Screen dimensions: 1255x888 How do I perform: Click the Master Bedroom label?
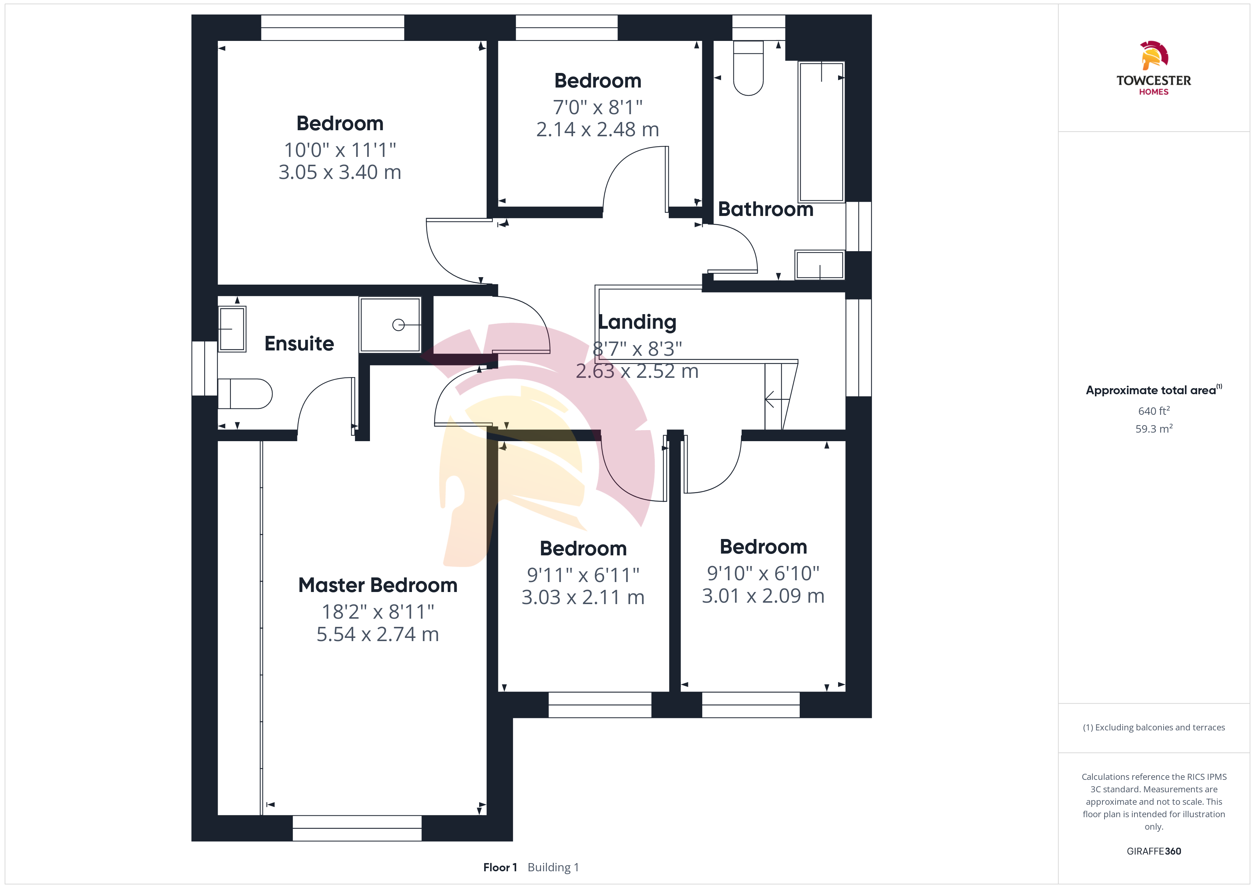click(378, 585)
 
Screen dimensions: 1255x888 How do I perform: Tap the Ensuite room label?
click(299, 343)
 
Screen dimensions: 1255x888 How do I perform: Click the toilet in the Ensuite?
click(245, 394)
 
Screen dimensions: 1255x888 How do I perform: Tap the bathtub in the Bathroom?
click(821, 132)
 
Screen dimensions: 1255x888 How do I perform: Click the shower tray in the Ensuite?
click(390, 325)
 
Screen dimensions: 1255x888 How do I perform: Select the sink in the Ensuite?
click(232, 329)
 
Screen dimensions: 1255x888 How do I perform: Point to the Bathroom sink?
click(820, 265)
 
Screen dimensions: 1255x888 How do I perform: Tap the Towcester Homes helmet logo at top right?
click(1154, 55)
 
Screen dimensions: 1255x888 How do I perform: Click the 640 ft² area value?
click(1154, 411)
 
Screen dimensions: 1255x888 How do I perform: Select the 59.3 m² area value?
click(1154, 429)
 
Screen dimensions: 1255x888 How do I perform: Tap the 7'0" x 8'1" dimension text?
click(597, 107)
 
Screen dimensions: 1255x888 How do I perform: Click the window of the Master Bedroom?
click(357, 828)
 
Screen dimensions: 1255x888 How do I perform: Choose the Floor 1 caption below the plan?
click(499, 867)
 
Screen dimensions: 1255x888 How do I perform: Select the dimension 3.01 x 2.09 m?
click(763, 596)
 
